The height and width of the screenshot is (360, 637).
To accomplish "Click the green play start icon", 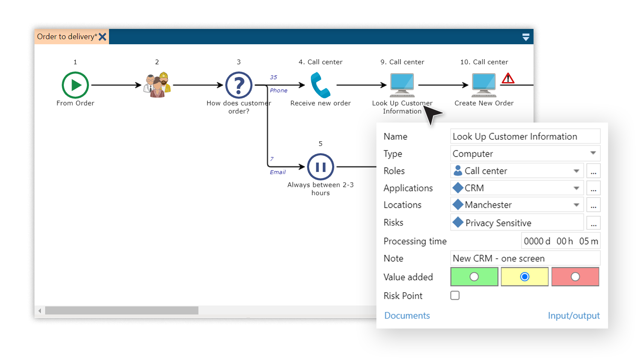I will click(x=75, y=85).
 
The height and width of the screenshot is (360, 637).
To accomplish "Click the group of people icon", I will click(x=157, y=85).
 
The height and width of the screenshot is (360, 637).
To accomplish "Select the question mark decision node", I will click(x=239, y=85).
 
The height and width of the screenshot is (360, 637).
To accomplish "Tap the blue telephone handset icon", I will click(x=320, y=85).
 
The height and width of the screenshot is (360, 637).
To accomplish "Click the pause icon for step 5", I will click(x=321, y=167).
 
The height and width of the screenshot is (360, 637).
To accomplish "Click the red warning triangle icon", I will click(x=508, y=78).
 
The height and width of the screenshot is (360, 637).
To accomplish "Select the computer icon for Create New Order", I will click(x=484, y=84).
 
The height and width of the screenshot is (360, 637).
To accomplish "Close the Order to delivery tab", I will click(x=103, y=37).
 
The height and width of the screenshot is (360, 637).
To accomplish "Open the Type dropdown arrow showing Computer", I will click(x=593, y=153).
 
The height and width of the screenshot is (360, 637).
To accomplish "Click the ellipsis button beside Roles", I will click(x=594, y=171).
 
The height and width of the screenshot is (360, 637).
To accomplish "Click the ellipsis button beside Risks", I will click(x=594, y=223).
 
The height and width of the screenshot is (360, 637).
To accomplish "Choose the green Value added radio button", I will click(x=474, y=277).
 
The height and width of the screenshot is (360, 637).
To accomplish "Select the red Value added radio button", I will click(x=575, y=277).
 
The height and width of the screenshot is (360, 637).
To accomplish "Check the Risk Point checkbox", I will click(x=455, y=295).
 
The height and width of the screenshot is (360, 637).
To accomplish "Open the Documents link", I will click(x=407, y=316).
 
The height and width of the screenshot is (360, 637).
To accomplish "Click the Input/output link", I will click(x=574, y=316).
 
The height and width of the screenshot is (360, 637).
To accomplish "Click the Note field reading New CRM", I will click(x=525, y=258).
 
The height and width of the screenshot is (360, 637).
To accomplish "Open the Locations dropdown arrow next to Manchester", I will click(x=576, y=205).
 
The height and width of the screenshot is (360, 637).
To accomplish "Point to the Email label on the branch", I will click(x=278, y=172).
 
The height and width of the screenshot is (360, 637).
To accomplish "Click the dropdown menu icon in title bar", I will click(x=526, y=37).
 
